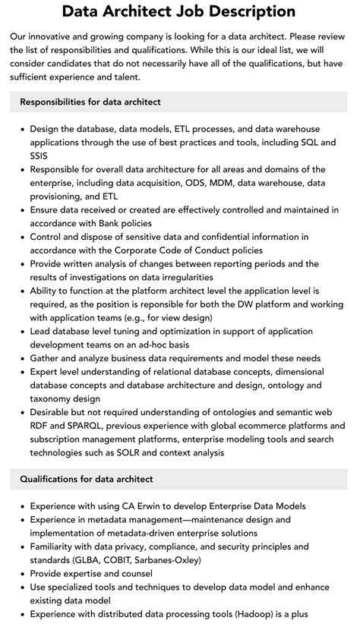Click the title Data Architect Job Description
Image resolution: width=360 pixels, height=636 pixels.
click(x=179, y=11)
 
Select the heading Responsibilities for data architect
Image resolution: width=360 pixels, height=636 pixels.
click(x=90, y=102)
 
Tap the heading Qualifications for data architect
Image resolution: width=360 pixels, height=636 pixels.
click(x=87, y=479)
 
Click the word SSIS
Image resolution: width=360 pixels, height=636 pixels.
click(x=43, y=156)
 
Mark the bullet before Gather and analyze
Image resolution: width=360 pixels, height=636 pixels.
click(x=22, y=358)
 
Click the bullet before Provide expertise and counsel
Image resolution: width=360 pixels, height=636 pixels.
click(x=22, y=574)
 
